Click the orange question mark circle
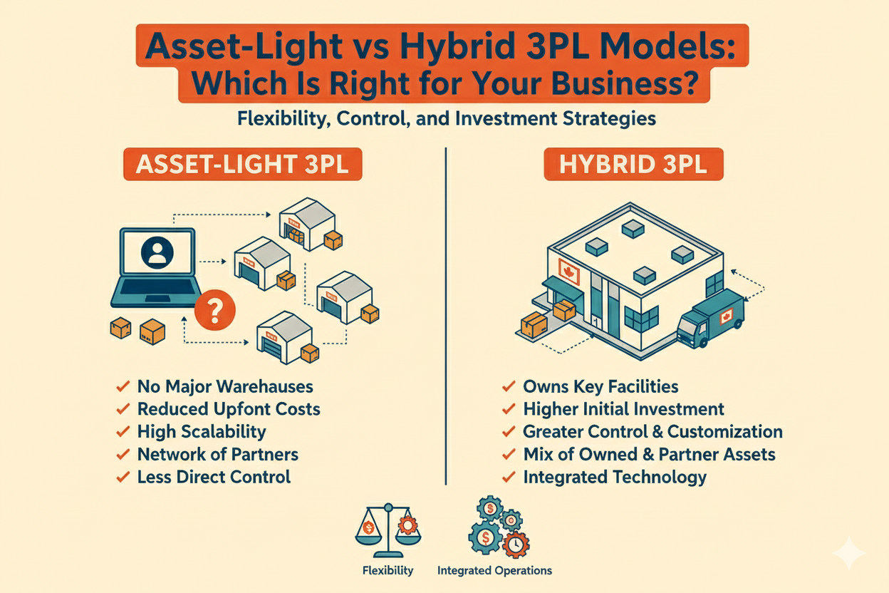tap(218, 309)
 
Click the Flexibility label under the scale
tap(388, 570)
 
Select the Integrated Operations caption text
tap(494, 570)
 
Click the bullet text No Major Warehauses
tap(225, 387)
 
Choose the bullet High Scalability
tap(202, 432)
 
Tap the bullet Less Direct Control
tap(214, 477)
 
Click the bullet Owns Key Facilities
tap(601, 387)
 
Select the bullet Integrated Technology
tap(615, 477)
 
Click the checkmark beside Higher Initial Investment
tap(509, 410)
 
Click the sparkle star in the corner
tap(851, 553)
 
